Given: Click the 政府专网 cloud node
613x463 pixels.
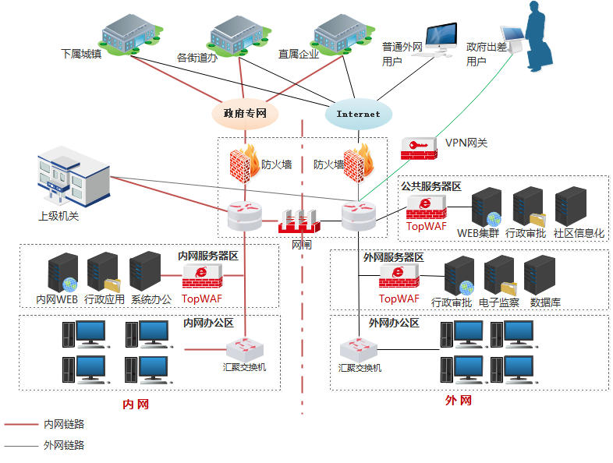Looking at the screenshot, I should pyautogui.click(x=245, y=113).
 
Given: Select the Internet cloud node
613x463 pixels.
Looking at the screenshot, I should pyautogui.click(x=358, y=114).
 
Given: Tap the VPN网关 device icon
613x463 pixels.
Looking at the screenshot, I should pyautogui.click(x=420, y=148).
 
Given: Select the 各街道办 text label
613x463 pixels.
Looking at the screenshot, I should pyautogui.click(x=197, y=58).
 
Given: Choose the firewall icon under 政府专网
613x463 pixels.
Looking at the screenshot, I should pyautogui.click(x=244, y=164).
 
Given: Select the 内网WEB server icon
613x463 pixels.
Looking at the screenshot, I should pyautogui.click(x=62, y=271).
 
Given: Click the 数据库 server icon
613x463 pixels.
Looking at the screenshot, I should pyautogui.click(x=540, y=275).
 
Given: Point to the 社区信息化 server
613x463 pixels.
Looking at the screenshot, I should pyautogui.click(x=571, y=207).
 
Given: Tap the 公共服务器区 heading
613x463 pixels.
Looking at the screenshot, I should pyautogui.click(x=431, y=186).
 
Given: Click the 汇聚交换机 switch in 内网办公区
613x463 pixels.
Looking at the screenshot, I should pyautogui.click(x=244, y=348).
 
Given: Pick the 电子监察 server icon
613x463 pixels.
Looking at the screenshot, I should pyautogui.click(x=499, y=275).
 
